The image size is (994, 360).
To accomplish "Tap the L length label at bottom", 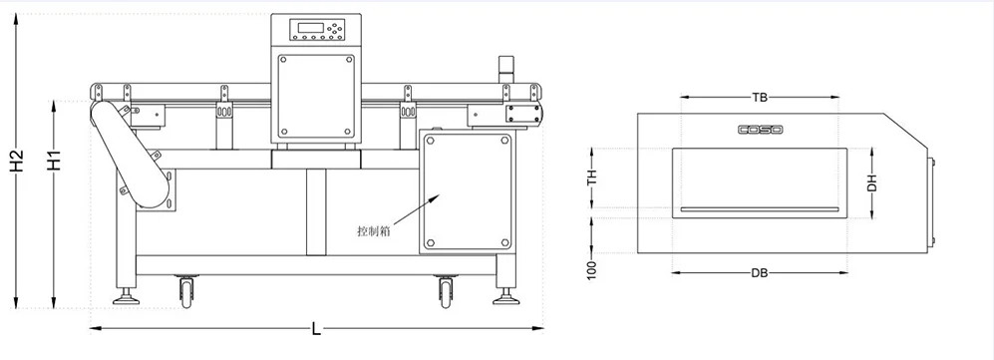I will click(x=317, y=328).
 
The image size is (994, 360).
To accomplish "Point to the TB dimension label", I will click(x=760, y=98).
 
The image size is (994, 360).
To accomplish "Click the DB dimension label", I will click(x=760, y=272).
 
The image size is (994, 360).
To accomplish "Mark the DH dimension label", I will click(x=871, y=180).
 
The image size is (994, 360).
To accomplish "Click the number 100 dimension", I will click(x=592, y=269).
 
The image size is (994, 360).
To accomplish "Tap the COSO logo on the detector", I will click(x=760, y=130).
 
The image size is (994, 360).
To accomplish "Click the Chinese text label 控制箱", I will click(x=373, y=230).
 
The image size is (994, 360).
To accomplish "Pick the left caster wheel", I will click(x=185, y=291).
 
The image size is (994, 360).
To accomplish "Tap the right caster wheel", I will click(x=445, y=291).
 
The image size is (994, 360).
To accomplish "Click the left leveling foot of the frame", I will click(x=127, y=296).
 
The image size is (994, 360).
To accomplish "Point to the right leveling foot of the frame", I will click(x=506, y=296).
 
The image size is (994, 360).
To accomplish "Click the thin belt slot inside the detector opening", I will click(x=760, y=209).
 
